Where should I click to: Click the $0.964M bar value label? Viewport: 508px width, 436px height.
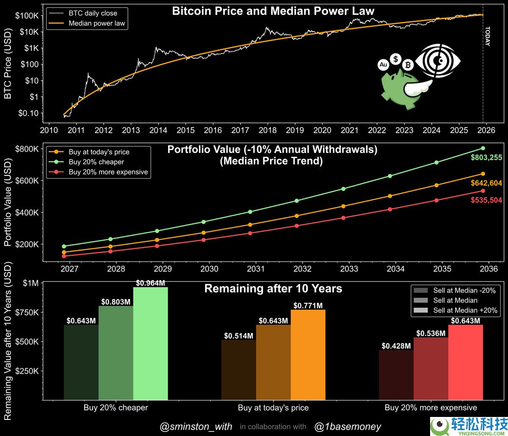[150, 283]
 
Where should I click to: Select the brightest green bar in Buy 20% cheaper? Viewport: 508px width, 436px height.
[150, 343]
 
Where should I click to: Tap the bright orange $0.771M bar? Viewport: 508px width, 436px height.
[308, 354]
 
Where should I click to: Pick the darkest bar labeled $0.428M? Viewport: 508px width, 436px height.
[396, 375]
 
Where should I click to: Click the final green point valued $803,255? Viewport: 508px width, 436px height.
[483, 148]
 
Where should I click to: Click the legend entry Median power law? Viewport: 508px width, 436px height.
[97, 23]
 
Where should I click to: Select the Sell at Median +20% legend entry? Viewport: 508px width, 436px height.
[464, 310]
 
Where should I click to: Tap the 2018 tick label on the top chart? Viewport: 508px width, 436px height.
[268, 130]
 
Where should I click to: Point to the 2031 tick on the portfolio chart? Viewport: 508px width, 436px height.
[256, 269]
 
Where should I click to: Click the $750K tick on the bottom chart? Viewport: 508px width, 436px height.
[26, 312]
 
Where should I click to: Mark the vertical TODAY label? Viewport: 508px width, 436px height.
[487, 36]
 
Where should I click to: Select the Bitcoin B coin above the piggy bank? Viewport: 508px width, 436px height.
[408, 65]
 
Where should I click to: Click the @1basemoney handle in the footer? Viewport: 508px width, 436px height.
[348, 427]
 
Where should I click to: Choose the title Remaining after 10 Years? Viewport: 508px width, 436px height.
[273, 289]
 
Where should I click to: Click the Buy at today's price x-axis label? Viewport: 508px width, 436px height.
[273, 408]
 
